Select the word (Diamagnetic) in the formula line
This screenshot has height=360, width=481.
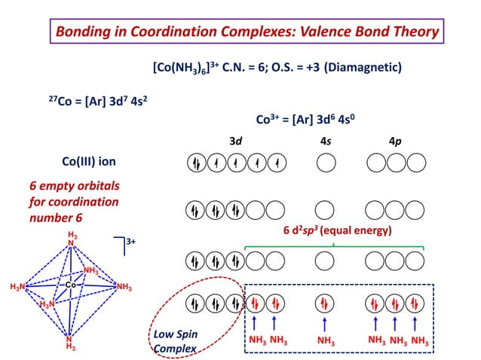click(363, 68)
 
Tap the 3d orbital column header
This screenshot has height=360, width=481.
click(236, 141)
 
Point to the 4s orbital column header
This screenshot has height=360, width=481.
click(325, 141)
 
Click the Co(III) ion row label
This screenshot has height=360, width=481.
click(88, 161)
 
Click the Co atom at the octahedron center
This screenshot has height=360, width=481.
click(69, 285)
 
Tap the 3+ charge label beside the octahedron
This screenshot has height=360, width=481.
click(130, 242)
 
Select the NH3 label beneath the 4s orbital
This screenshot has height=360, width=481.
click(326, 341)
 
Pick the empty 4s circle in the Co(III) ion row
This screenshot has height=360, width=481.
click(325, 162)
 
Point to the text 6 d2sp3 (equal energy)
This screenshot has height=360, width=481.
click(337, 230)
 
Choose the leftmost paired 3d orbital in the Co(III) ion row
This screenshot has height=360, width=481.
click(195, 162)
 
